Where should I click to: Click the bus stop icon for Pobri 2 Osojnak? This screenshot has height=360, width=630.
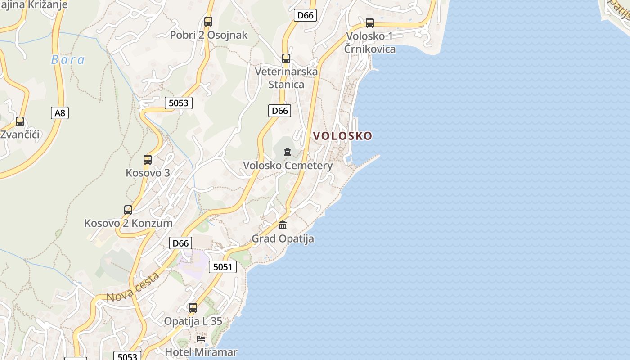pyautogui.click(x=208, y=21)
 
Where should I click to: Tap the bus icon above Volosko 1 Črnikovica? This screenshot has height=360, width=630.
pyautogui.click(x=369, y=22)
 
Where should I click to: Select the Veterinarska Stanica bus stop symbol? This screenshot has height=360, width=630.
pyautogui.click(x=286, y=58)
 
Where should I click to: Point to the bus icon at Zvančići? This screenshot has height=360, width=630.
pyautogui.click(x=20, y=121)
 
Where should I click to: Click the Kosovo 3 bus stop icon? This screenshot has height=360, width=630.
pyautogui.click(x=148, y=159)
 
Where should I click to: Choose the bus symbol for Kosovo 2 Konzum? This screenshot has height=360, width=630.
pyautogui.click(x=128, y=210)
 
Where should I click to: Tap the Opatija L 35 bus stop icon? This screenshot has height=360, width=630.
pyautogui.click(x=193, y=308)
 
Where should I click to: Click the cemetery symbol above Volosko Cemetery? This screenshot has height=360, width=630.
pyautogui.click(x=288, y=152)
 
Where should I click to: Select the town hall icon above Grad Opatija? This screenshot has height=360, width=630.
pyautogui.click(x=283, y=225)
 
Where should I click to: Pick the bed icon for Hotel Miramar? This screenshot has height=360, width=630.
pyautogui.click(x=201, y=338)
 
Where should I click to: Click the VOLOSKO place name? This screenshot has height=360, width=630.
pyautogui.click(x=342, y=136)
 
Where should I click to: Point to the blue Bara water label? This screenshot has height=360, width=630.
pyautogui.click(x=67, y=60)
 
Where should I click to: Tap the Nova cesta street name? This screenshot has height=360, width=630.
pyautogui.click(x=133, y=287)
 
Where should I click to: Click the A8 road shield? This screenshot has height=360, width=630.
pyautogui.click(x=60, y=112)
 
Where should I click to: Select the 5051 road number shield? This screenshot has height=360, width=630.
pyautogui.click(x=223, y=267)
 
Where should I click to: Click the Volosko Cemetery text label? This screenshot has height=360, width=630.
pyautogui.click(x=288, y=166)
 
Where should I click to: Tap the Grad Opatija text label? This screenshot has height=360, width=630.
pyautogui.click(x=283, y=238)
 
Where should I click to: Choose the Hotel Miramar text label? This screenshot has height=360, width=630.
pyautogui.click(x=201, y=352)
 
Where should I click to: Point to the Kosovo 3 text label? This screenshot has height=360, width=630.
pyautogui.click(x=148, y=173)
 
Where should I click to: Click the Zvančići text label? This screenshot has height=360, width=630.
pyautogui.click(x=20, y=135)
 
